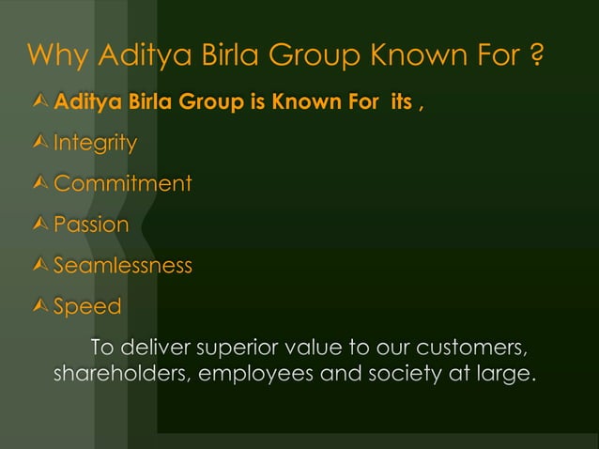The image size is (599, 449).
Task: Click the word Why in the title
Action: (58, 56)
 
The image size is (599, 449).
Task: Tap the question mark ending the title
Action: (533, 56)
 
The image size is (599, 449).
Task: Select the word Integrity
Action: (95, 144)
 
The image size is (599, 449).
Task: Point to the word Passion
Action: (91, 225)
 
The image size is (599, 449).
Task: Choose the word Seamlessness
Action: (122, 266)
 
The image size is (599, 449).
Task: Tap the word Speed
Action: (87, 307)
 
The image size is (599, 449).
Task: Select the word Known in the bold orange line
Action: (299, 101)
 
